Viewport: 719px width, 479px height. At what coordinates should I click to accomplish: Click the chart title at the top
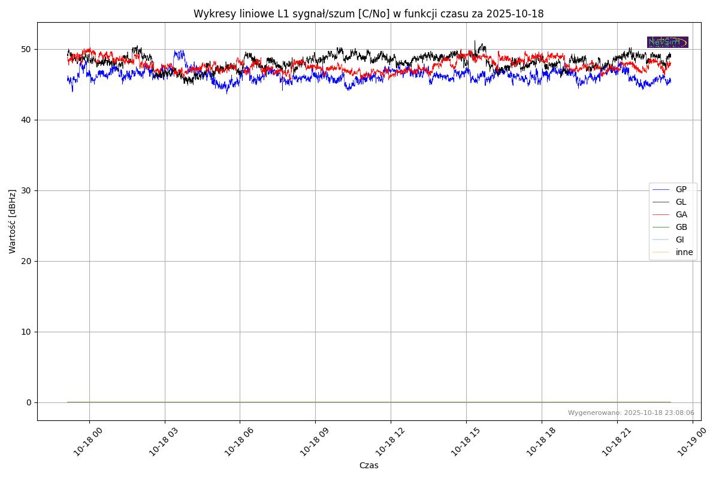368,14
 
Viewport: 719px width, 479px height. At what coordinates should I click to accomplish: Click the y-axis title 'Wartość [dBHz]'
13,222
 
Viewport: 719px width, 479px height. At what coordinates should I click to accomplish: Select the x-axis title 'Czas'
368,465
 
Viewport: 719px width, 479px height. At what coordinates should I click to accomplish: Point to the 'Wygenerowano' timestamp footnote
631,413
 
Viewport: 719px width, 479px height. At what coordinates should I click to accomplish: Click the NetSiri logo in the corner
667,42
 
